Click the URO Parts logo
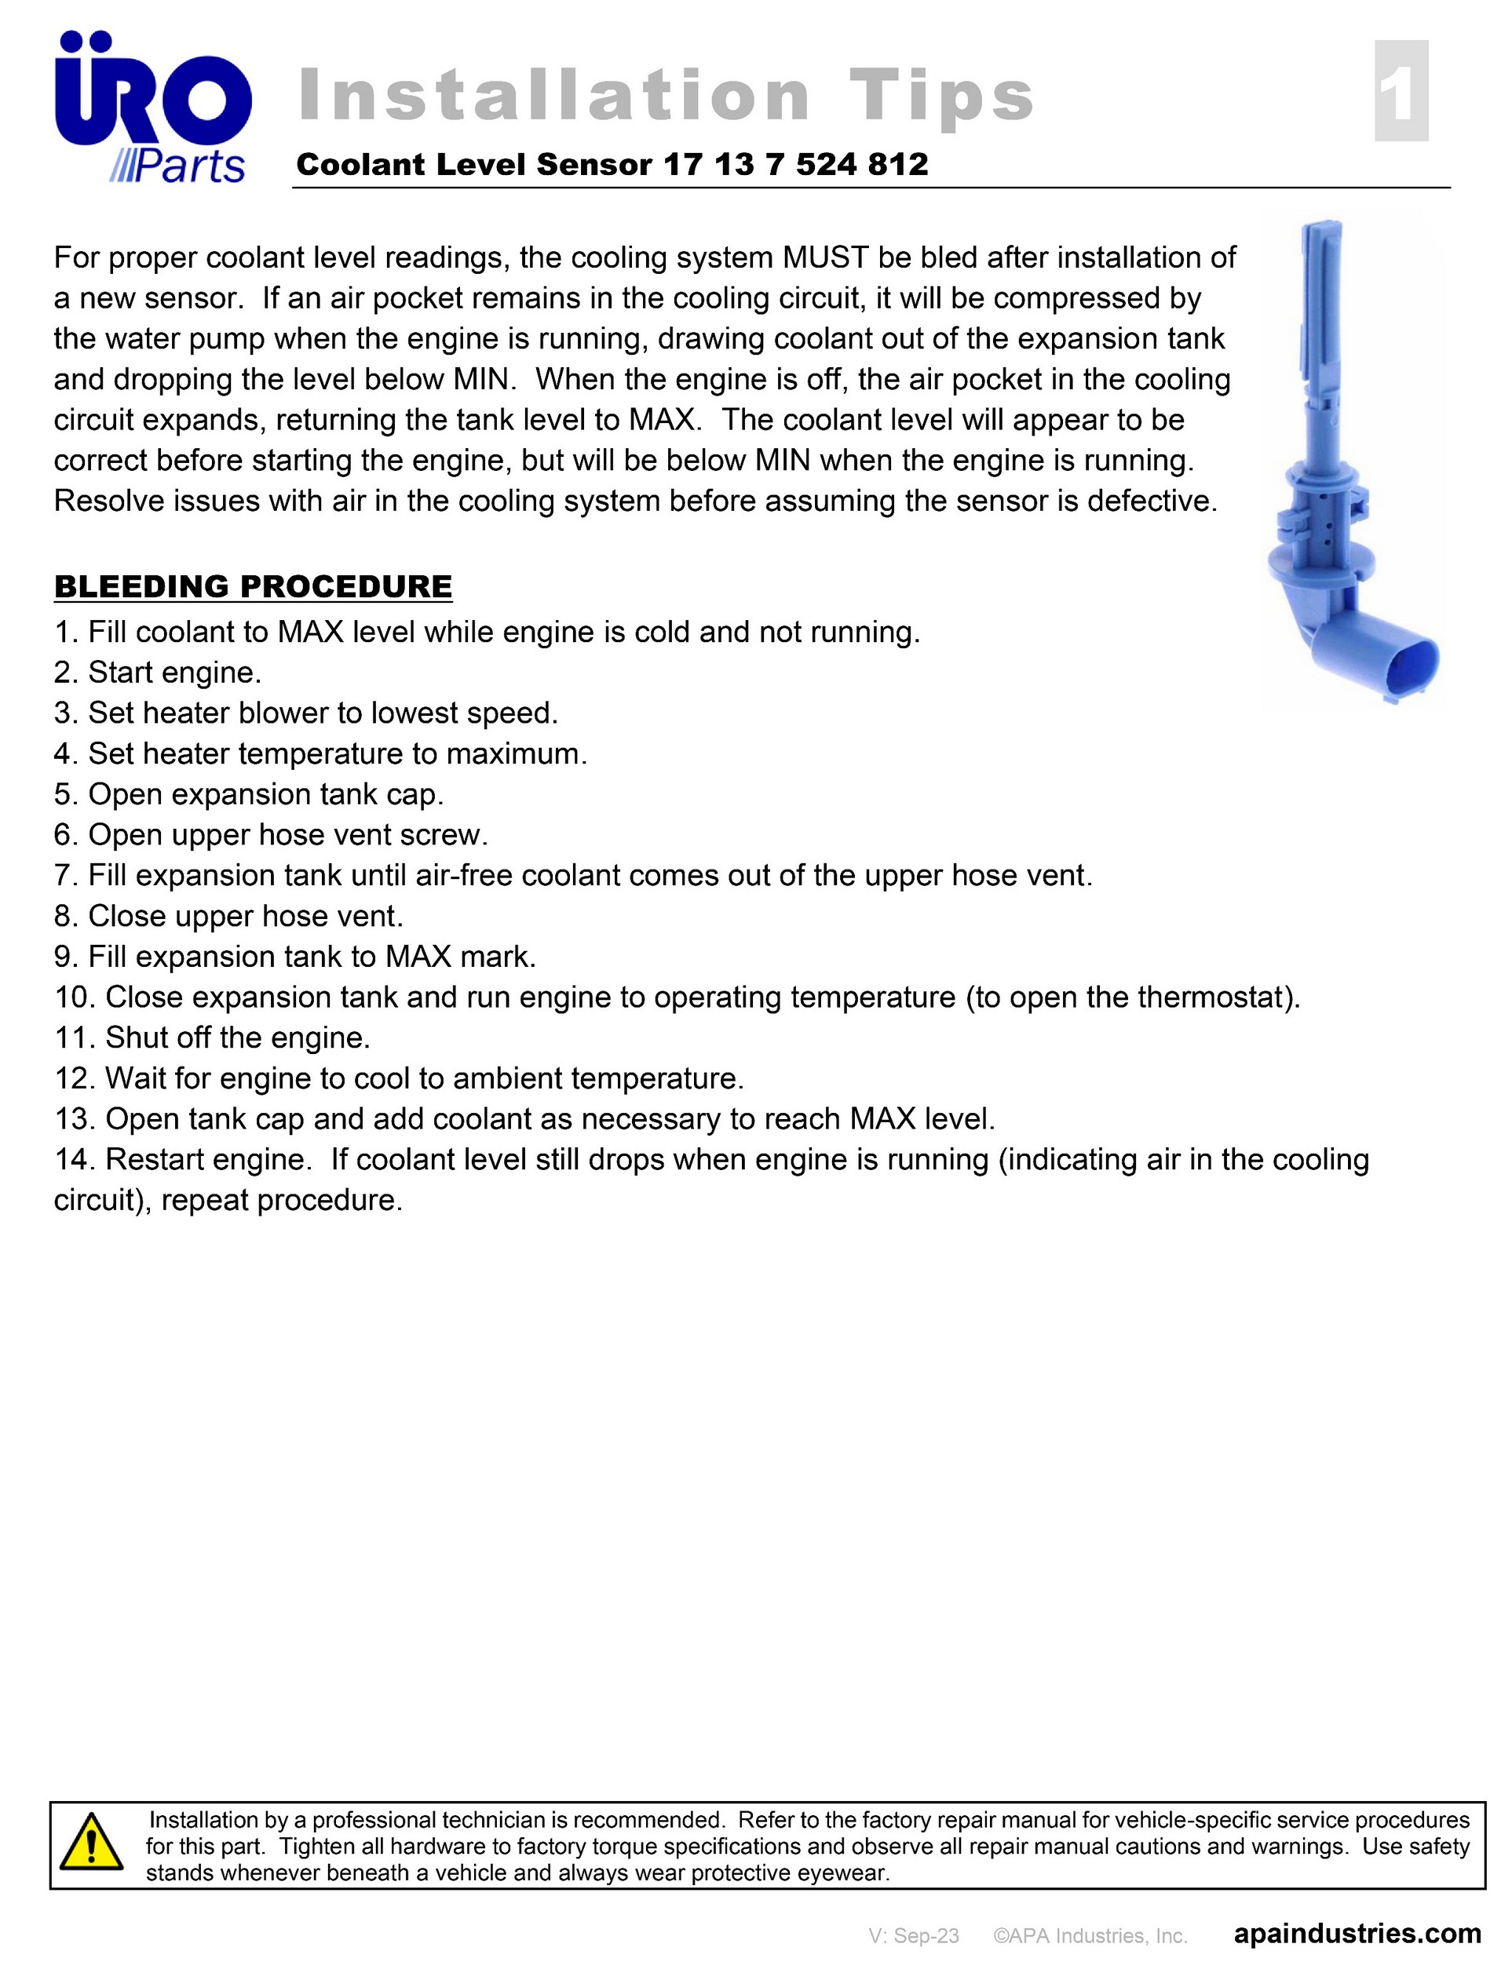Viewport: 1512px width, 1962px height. point(153,108)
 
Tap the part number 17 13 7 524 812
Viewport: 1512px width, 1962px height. point(795,164)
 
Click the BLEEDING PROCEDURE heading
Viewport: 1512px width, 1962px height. point(254,586)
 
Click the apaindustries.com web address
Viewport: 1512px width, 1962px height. point(1357,1933)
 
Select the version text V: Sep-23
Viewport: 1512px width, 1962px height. point(914,1935)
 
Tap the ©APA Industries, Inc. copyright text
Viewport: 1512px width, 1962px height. point(1090,1935)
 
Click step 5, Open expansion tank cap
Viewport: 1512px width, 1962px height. point(249,795)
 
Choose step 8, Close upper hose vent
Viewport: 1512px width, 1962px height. point(229,917)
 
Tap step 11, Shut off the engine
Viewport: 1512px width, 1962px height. point(213,1038)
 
